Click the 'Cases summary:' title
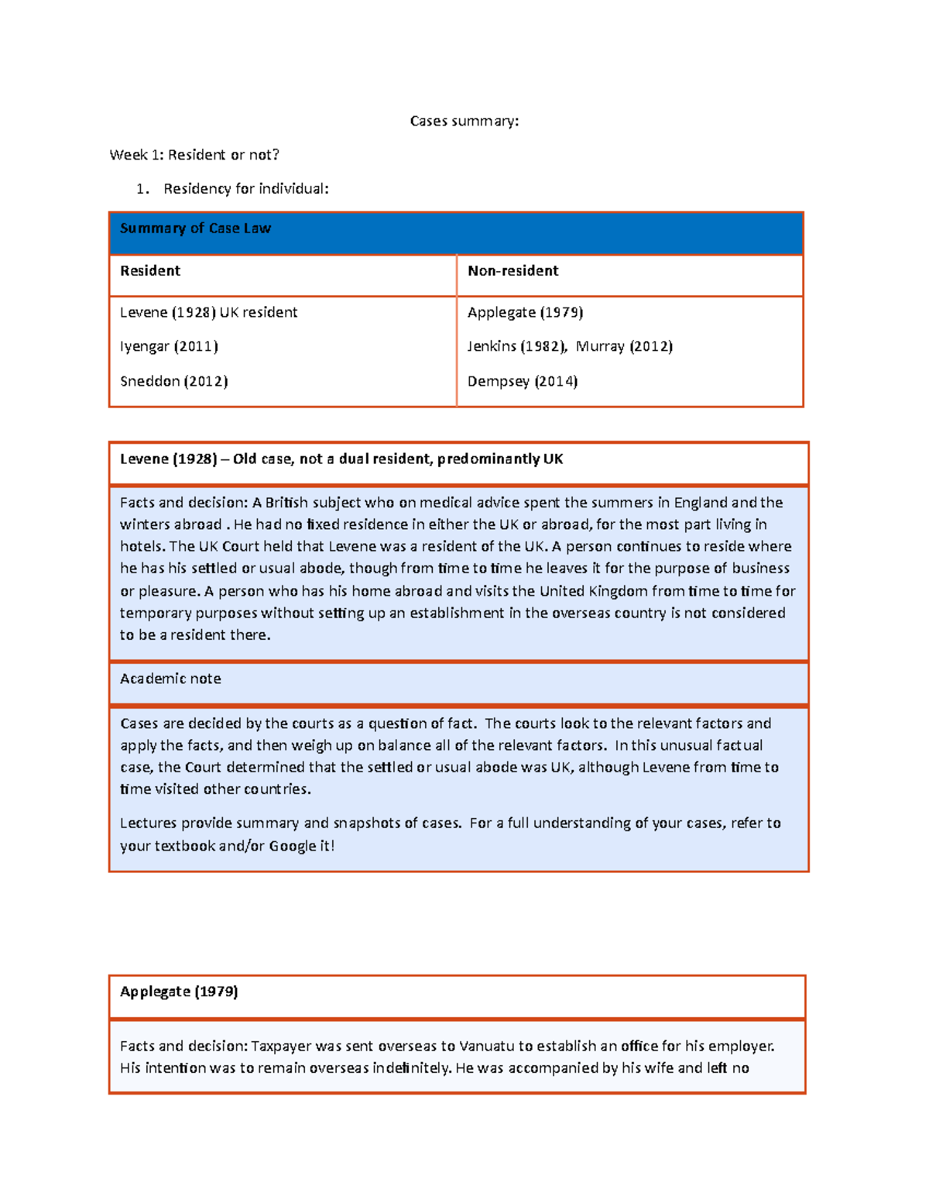click(464, 121)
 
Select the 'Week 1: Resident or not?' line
click(194, 155)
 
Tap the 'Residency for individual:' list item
click(245, 189)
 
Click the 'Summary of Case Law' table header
click(195, 229)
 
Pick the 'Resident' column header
click(150, 271)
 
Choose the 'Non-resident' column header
click(512, 271)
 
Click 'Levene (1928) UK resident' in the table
click(208, 313)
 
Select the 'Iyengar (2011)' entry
click(169, 346)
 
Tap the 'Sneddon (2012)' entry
click(173, 381)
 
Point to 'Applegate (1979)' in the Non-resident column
click(525, 313)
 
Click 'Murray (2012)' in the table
click(624, 346)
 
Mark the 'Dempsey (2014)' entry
click(523, 381)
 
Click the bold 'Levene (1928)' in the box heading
click(168, 459)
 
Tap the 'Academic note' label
click(170, 679)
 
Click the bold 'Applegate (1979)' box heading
click(179, 992)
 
